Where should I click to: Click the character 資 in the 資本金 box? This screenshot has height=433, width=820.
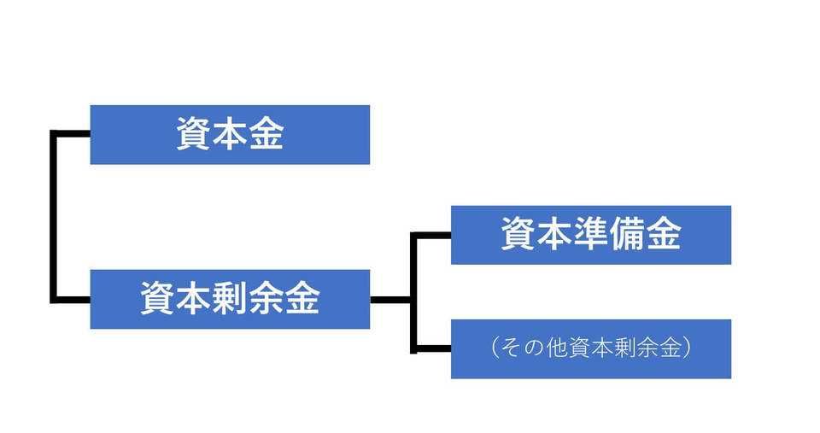point(194,134)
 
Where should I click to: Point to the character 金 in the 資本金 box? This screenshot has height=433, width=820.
point(266,134)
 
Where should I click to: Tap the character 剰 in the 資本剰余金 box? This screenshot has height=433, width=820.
point(230,299)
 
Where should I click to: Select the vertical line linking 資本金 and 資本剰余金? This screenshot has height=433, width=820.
point(54,216)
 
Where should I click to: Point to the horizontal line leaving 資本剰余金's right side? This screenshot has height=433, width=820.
point(390,299)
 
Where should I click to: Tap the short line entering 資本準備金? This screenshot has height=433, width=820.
point(432,234)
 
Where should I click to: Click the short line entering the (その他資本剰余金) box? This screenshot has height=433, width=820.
point(432,348)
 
